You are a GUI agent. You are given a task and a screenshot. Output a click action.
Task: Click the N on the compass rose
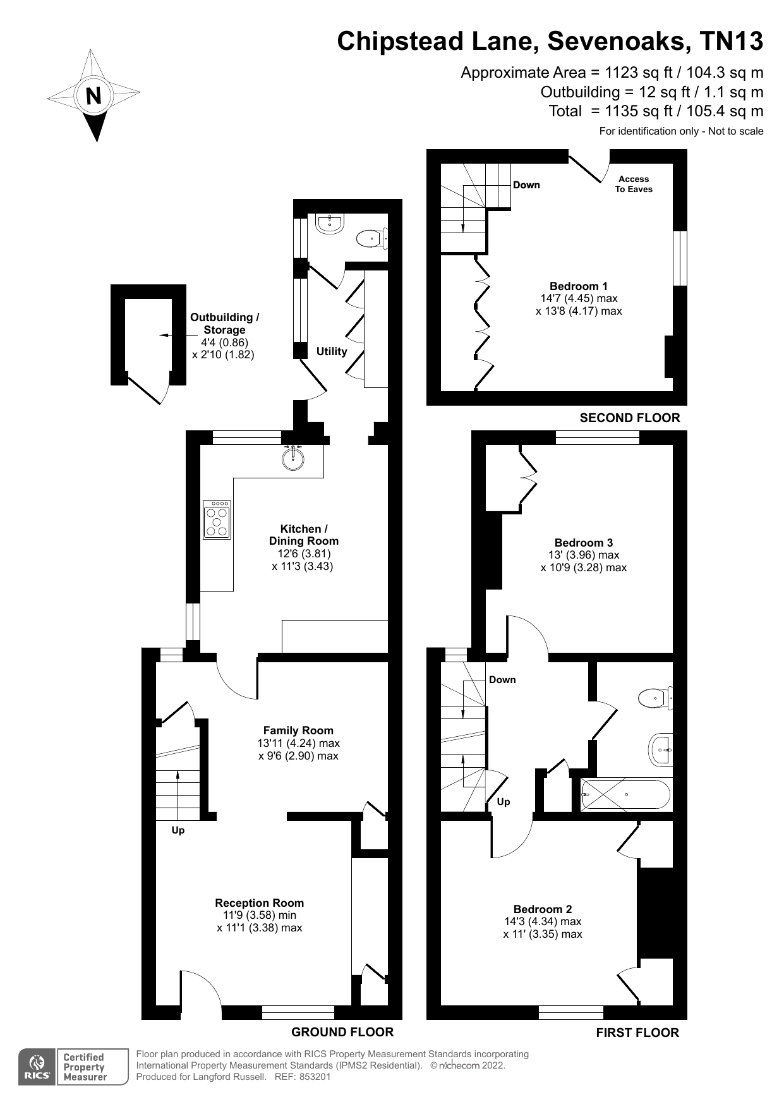click(x=93, y=96)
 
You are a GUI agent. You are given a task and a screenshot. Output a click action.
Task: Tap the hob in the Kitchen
click(x=217, y=519)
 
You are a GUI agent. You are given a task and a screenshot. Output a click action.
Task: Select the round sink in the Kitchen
click(x=293, y=459)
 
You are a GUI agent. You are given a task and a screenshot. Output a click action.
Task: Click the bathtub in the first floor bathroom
click(x=624, y=794)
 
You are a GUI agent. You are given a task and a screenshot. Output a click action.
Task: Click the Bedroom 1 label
click(x=578, y=286)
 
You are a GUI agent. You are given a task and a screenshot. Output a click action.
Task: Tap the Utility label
click(x=332, y=351)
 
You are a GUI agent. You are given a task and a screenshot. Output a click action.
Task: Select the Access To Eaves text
click(x=634, y=184)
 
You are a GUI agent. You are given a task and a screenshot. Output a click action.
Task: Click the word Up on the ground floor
click(x=178, y=830)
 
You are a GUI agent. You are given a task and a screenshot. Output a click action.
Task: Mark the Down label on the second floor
click(x=526, y=185)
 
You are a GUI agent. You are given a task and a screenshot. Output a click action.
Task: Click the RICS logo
click(x=37, y=1067)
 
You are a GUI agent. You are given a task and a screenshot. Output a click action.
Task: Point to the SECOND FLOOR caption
click(x=629, y=418)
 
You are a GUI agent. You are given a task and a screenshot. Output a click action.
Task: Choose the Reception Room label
click(x=259, y=903)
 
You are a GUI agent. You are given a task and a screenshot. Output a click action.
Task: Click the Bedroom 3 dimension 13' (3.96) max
click(x=583, y=555)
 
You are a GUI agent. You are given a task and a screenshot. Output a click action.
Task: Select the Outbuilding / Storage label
click(x=224, y=324)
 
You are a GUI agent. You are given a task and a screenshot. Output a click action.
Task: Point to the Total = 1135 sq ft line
click(x=656, y=111)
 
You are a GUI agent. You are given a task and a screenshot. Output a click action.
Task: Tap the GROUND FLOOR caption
click(x=342, y=1032)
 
